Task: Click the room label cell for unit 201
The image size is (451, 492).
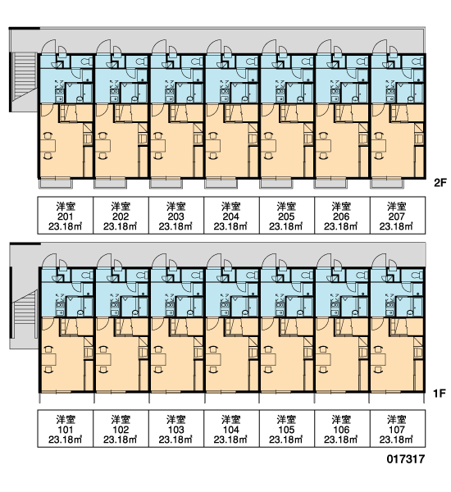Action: point(66,215)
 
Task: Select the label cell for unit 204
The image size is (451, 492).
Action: point(231,215)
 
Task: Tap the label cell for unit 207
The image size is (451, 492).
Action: point(398,215)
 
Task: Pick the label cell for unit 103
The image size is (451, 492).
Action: point(176,428)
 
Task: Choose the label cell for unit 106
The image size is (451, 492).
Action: point(342,428)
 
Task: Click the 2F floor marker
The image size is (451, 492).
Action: point(440,183)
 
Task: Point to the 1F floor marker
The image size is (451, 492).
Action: point(440,393)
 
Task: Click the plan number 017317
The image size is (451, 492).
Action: point(406,459)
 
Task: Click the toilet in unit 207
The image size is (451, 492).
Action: point(417,61)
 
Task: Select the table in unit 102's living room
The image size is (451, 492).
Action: point(103,359)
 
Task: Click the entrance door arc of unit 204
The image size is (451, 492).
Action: point(214,45)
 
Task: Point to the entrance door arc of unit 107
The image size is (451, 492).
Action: point(379,259)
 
